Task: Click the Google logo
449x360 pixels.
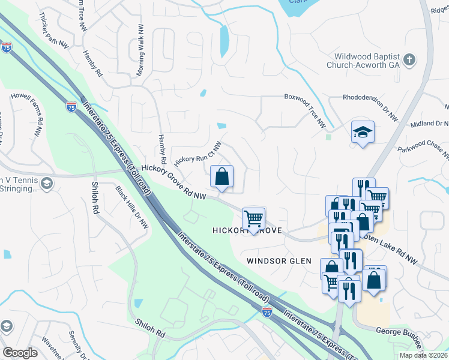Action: click(20, 352)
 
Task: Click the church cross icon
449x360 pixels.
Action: click(409, 59)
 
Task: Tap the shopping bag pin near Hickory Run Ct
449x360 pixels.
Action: click(222, 176)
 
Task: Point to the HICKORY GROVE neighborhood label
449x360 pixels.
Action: click(247, 231)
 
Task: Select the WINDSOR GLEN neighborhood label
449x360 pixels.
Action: click(279, 261)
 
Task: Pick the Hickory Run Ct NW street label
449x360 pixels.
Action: click(198, 154)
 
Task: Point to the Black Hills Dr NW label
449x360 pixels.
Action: click(132, 208)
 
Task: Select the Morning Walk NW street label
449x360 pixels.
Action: click(140, 50)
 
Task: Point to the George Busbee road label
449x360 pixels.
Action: click(400, 331)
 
